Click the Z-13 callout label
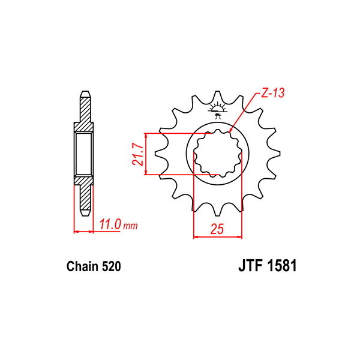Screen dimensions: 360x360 273,93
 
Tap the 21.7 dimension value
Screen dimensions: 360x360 137,154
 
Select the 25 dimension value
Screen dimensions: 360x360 217,229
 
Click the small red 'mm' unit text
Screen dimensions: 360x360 131,226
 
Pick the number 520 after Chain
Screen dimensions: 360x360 112,266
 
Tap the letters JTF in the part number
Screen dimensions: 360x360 251,266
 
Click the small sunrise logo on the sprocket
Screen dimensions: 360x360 217,110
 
